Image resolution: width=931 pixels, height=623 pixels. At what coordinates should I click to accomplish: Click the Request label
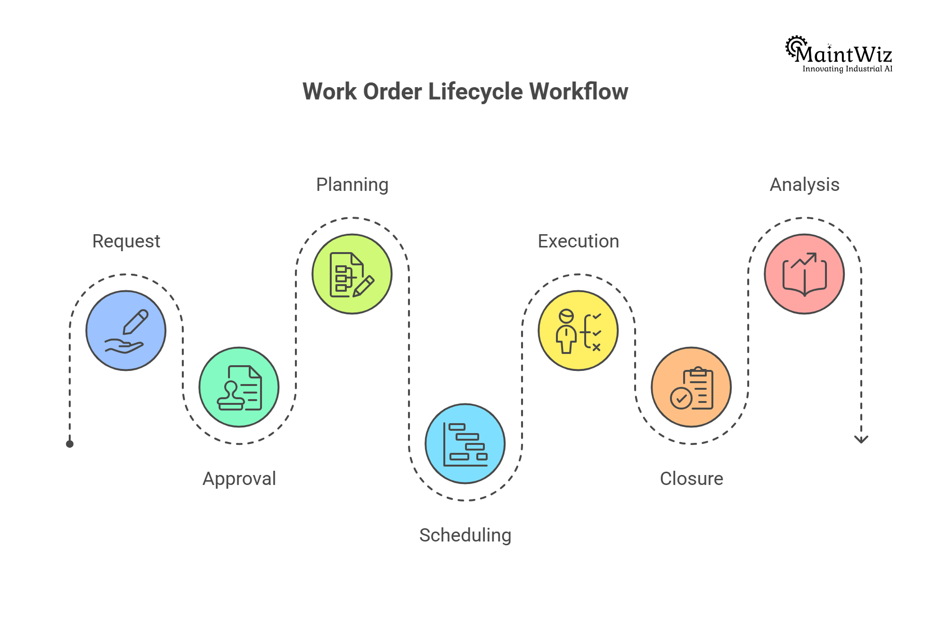click(126, 241)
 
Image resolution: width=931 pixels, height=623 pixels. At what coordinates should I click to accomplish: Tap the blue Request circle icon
click(126, 330)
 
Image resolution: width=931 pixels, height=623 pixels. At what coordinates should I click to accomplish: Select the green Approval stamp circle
click(239, 387)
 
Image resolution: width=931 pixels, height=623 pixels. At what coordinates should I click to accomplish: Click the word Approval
click(239, 479)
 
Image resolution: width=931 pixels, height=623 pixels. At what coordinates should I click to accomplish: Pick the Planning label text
click(352, 185)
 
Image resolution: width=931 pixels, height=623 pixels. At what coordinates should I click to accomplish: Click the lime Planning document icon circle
click(352, 274)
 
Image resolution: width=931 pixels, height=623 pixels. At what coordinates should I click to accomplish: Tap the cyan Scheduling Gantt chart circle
click(465, 443)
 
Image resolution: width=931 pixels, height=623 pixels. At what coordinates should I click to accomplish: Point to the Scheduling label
click(465, 535)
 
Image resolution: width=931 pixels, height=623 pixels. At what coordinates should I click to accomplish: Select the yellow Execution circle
click(578, 330)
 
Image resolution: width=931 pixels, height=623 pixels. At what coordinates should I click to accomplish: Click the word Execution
click(578, 241)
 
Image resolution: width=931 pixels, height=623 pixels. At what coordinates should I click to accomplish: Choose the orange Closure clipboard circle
click(691, 387)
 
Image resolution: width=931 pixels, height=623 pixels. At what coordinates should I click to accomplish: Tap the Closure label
click(691, 479)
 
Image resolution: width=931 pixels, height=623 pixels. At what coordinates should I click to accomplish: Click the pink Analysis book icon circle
click(804, 274)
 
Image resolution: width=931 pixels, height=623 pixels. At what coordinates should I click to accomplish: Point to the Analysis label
click(804, 185)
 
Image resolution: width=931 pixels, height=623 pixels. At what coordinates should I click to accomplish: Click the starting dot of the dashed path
click(70, 444)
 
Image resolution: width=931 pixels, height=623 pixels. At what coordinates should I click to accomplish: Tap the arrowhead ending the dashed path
click(861, 439)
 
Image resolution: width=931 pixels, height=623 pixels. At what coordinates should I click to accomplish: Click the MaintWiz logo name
click(843, 55)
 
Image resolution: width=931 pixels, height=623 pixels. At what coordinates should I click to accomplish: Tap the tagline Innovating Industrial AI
click(847, 69)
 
